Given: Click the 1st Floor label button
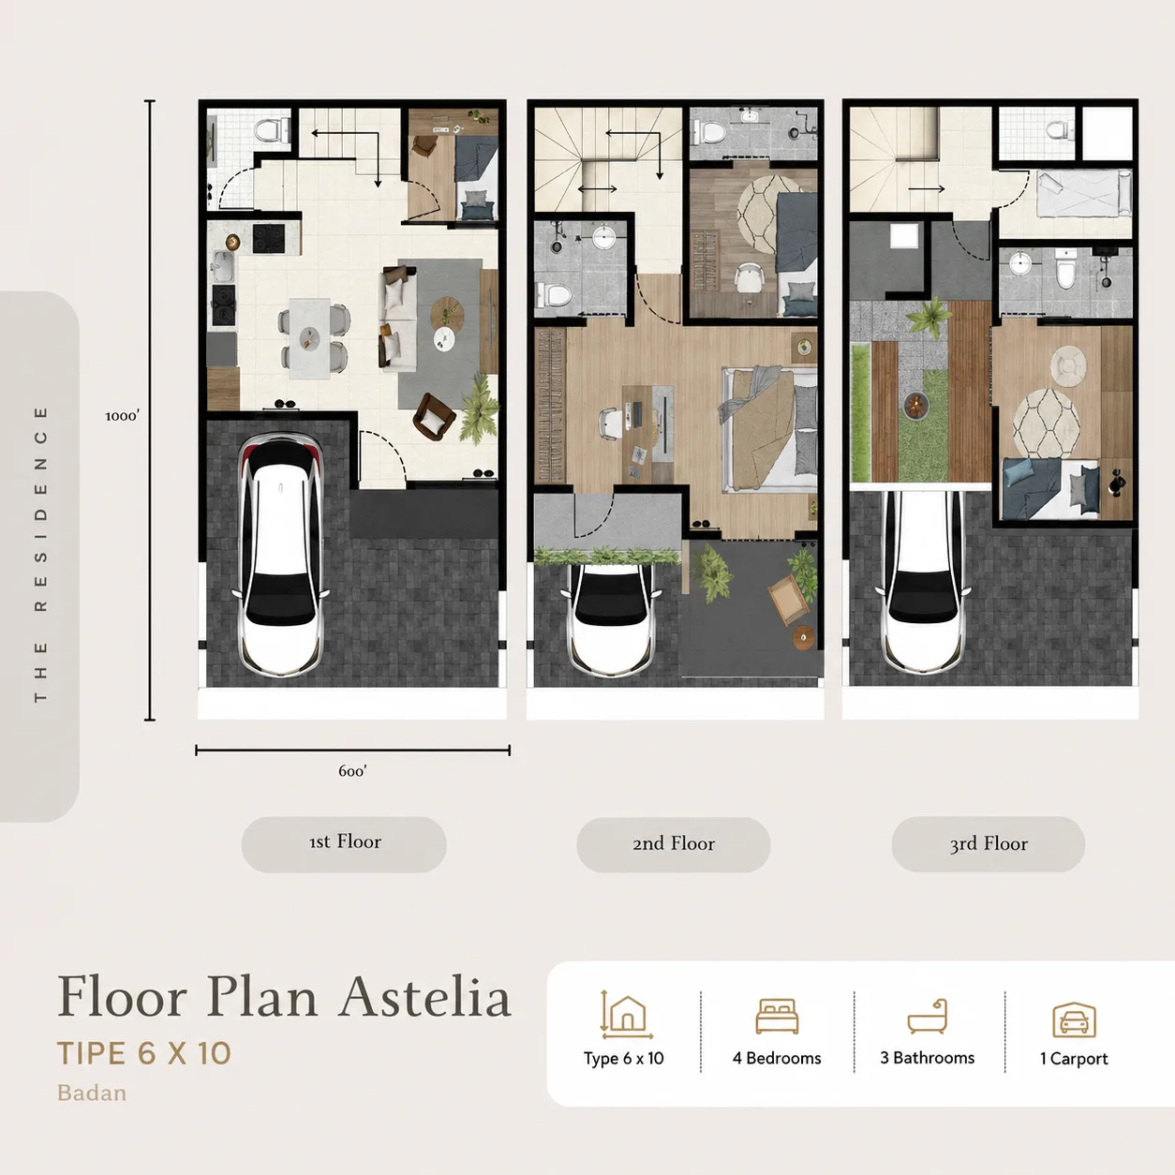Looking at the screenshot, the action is (x=344, y=844).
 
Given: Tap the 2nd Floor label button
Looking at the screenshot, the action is (x=673, y=844).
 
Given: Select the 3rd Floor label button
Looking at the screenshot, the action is (x=988, y=844).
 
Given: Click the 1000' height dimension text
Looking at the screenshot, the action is (x=123, y=416).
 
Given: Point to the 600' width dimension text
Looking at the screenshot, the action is (x=352, y=771).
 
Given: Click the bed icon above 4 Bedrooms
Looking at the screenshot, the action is (x=777, y=1016).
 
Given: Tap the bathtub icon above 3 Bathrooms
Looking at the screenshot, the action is (x=927, y=1017).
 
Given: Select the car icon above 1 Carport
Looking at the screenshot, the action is (x=1074, y=1019).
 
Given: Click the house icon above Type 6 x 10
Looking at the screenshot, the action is (x=626, y=1015).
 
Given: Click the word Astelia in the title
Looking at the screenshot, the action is (x=425, y=999).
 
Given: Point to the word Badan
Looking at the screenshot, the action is (x=92, y=1093).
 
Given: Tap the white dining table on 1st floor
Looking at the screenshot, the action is (x=310, y=338).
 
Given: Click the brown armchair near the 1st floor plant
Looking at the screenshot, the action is (x=434, y=415).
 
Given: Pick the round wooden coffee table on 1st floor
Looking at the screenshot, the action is (x=447, y=313).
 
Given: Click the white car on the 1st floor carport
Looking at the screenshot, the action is (x=281, y=555).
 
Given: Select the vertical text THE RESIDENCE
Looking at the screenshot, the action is (x=40, y=555).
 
